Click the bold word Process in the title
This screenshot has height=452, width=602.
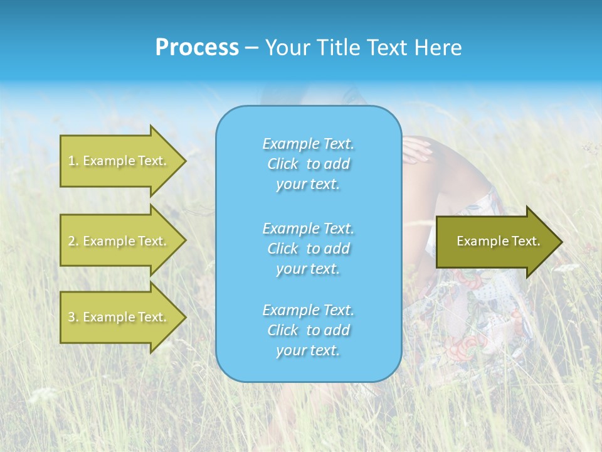(197, 47)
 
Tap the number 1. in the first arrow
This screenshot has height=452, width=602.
(73, 161)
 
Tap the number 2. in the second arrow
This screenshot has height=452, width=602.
(73, 241)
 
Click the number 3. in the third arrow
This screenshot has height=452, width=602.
(73, 317)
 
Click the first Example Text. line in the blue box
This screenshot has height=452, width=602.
(308, 144)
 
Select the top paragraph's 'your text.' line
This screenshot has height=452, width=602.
(308, 185)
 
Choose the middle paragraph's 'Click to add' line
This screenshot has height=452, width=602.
(308, 249)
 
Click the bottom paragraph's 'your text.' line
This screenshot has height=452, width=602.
(308, 351)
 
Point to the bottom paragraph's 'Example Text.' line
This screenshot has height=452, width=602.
(308, 310)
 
